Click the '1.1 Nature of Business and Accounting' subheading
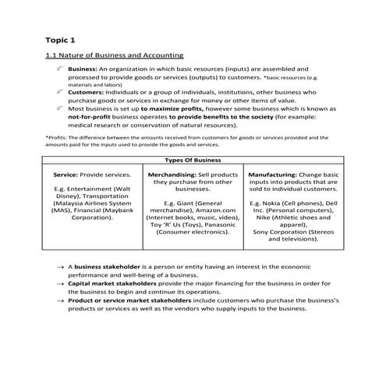pyautogui.click(x=115, y=55)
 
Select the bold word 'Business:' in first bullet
pyautogui.click(x=82, y=69)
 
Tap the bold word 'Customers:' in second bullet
pyautogui.click(x=84, y=91)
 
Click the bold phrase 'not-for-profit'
pyautogui.click(x=89, y=117)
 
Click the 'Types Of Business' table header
pyautogui.click(x=193, y=160)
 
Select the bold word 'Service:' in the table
pyautogui.click(x=68, y=175)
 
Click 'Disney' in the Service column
pyautogui.click(x=68, y=198)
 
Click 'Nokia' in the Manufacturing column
pyautogui.click(x=271, y=201)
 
